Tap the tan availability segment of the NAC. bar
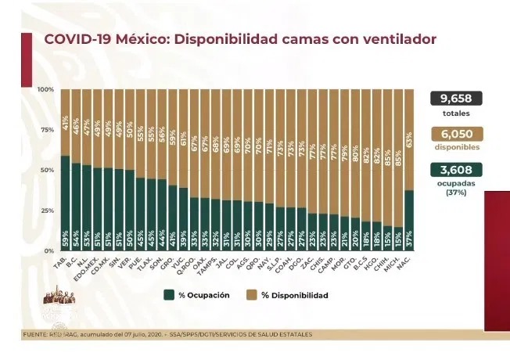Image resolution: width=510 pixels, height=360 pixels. (409, 141)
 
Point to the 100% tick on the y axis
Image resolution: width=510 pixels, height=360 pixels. (46, 89)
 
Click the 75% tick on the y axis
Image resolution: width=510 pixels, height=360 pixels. (48, 129)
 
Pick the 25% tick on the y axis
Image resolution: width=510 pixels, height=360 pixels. (48, 211)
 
